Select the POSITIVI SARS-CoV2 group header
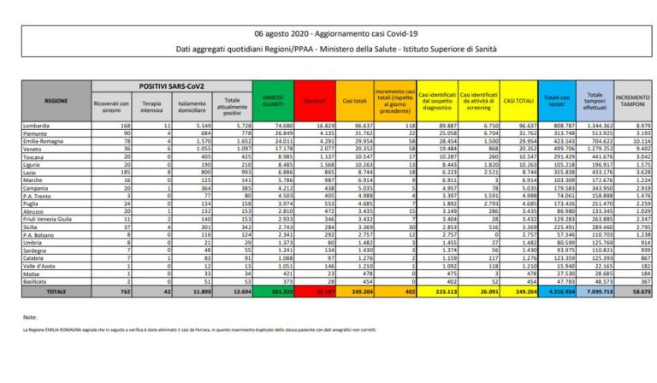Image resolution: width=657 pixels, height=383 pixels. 169,85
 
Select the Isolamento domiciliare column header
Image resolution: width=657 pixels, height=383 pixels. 192,105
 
